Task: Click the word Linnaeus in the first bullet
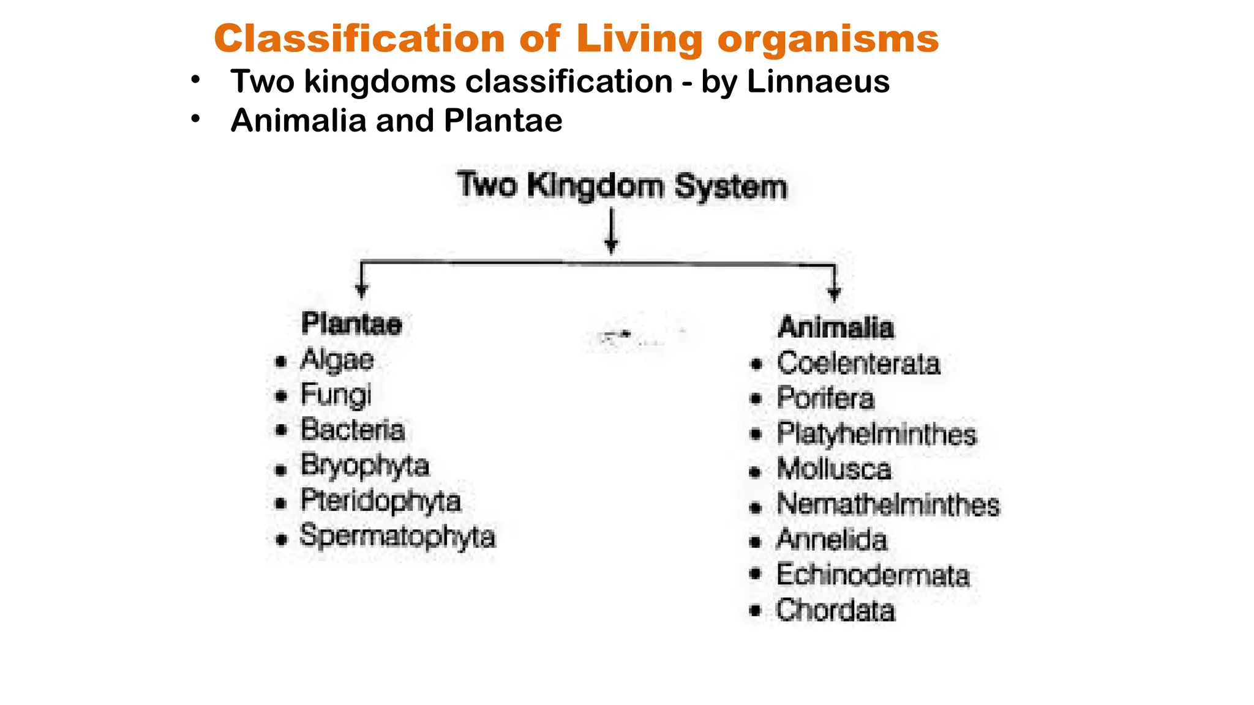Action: tap(818, 82)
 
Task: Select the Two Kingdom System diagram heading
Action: tap(621, 186)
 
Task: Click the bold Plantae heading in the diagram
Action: tap(351, 324)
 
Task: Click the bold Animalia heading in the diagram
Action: tap(836, 327)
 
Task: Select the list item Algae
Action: tap(337, 360)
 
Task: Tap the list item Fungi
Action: tap(336, 395)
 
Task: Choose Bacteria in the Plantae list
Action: tap(353, 430)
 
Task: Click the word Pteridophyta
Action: tap(380, 501)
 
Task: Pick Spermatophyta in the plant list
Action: tap(397, 537)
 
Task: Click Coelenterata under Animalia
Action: tap(858, 364)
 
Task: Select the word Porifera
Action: tap(825, 398)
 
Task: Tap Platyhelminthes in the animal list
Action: tap(877, 435)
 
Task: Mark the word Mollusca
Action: tap(834, 470)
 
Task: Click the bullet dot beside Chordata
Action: tap(756, 610)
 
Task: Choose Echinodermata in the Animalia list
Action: tap(873, 575)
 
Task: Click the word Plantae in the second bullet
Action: tap(503, 121)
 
